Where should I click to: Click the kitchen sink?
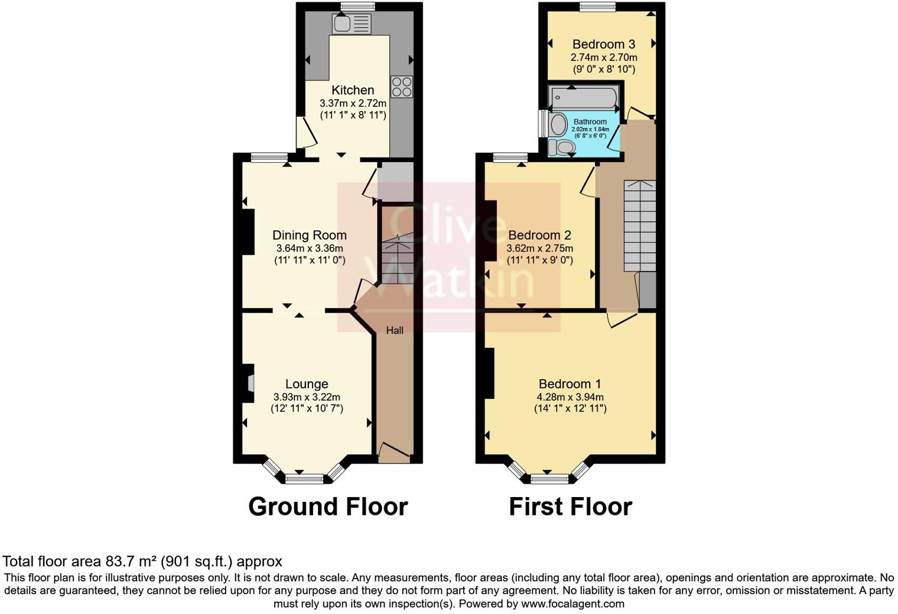(352, 24)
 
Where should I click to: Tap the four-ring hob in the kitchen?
(401, 86)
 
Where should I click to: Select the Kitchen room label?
(353, 90)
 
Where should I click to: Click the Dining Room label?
(309, 235)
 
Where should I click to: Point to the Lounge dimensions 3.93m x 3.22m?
(307, 397)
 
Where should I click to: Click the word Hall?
(395, 330)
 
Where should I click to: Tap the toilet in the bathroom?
(562, 146)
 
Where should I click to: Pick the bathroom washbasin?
(557, 125)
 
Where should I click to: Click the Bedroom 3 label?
(603, 44)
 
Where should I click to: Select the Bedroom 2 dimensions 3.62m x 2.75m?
(539, 249)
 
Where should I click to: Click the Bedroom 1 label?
(570, 384)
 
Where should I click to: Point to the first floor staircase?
(640, 224)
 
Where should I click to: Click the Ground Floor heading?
(328, 507)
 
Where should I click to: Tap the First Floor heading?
(570, 507)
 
